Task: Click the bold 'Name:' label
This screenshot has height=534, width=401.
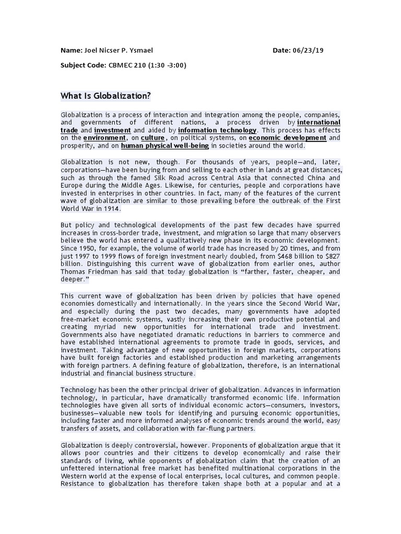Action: (x=72, y=51)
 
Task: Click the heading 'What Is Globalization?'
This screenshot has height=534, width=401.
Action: (x=105, y=95)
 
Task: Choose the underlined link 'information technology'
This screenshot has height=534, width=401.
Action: (x=217, y=130)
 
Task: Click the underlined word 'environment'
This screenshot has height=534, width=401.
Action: (x=105, y=138)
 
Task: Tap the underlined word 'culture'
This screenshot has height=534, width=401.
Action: (x=153, y=138)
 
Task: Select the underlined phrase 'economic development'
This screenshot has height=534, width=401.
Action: (x=288, y=138)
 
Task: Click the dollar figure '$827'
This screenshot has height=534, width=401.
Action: (x=331, y=256)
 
